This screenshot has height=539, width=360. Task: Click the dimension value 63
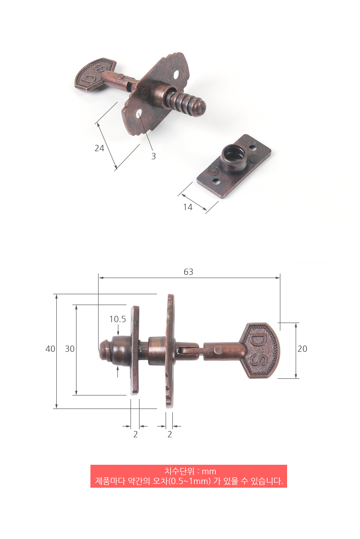click(x=189, y=272)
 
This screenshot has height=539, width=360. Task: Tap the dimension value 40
click(x=50, y=349)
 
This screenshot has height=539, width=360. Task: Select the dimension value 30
click(x=70, y=349)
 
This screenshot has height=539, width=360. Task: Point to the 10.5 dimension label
click(x=117, y=319)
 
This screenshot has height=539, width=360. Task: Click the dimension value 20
click(x=302, y=349)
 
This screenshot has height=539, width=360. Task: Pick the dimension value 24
click(x=99, y=148)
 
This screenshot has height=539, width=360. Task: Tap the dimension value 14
click(x=188, y=207)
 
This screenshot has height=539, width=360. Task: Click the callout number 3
click(x=153, y=157)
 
